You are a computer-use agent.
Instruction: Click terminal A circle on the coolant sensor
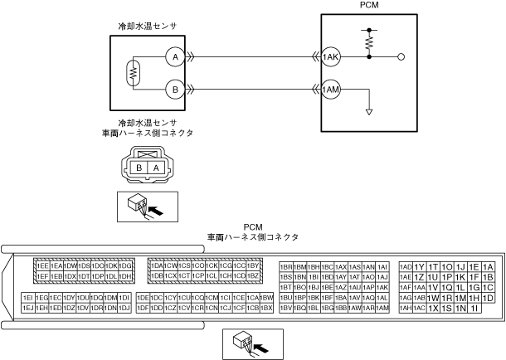pyautogui.click(x=173, y=57)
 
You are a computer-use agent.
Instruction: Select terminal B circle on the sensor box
pyautogui.click(x=173, y=88)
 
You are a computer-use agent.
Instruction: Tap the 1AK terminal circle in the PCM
pyautogui.click(x=332, y=57)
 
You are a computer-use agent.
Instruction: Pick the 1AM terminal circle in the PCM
pyautogui.click(x=332, y=88)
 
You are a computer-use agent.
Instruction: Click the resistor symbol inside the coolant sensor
pyautogui.click(x=130, y=73)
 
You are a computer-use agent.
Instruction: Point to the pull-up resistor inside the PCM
pyautogui.click(x=367, y=40)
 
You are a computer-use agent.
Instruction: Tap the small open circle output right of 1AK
pyautogui.click(x=401, y=57)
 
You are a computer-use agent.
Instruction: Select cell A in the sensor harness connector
pyautogui.click(x=154, y=168)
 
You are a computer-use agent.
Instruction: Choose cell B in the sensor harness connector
pyautogui.click(x=140, y=168)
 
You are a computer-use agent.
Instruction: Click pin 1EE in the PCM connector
pyautogui.click(x=41, y=265)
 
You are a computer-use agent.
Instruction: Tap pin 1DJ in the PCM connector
pyautogui.click(x=124, y=308)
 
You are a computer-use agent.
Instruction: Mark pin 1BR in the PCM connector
pyautogui.click(x=286, y=265)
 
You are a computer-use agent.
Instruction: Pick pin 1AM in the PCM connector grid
pyautogui.click(x=382, y=308)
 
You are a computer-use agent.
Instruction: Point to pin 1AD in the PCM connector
pyautogui.click(x=406, y=265)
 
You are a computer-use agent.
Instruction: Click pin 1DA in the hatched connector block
pyautogui.click(x=155, y=265)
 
